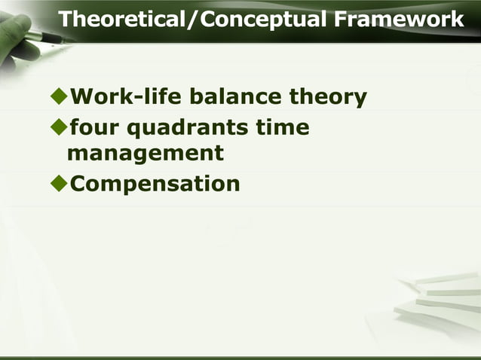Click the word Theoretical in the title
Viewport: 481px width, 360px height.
click(x=123, y=19)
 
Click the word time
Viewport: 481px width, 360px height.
click(x=282, y=128)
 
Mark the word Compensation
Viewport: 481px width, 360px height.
click(x=155, y=184)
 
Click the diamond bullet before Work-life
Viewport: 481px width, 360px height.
click(x=57, y=97)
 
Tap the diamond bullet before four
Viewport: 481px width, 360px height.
click(x=57, y=128)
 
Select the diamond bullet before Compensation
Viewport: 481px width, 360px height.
click(x=57, y=183)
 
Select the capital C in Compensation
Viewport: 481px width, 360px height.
click(x=79, y=183)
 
